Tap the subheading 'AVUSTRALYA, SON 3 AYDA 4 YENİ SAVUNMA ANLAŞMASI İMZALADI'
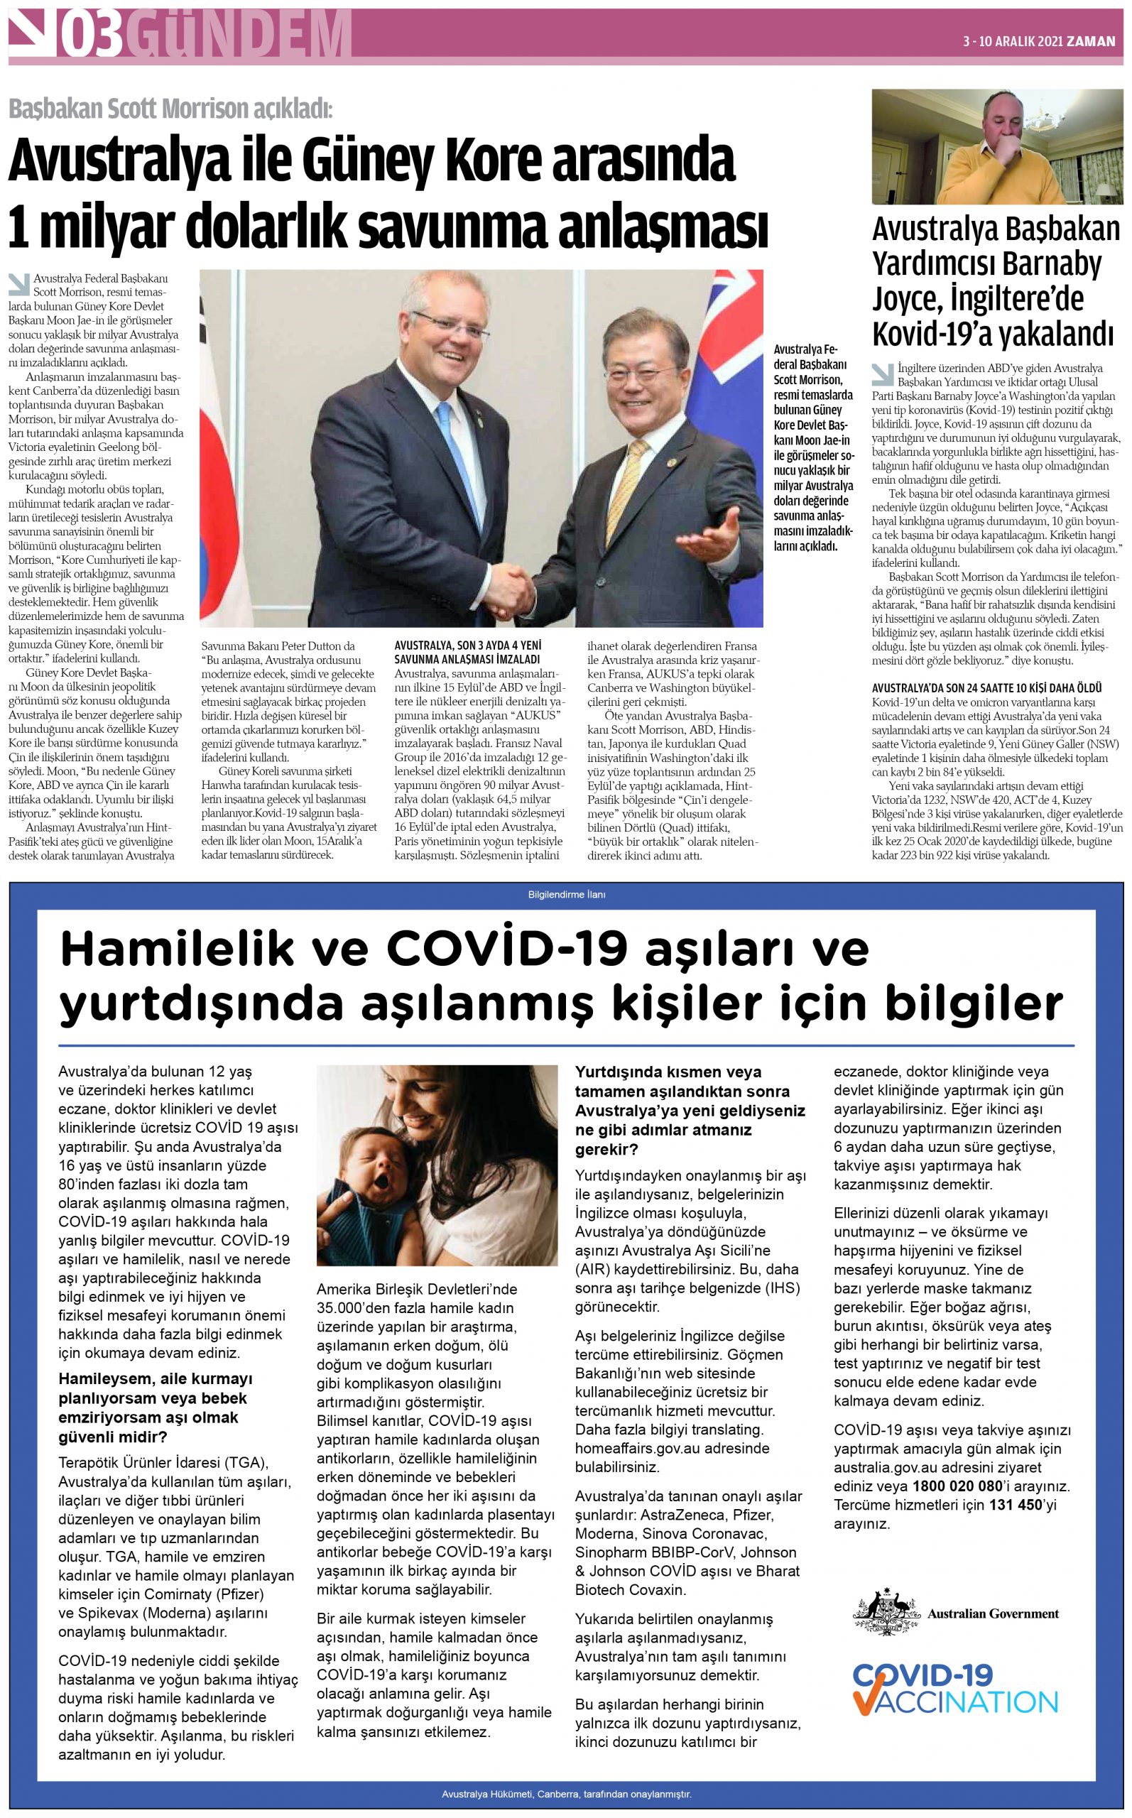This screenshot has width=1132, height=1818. (x=467, y=652)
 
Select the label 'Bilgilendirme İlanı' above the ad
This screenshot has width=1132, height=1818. (x=567, y=894)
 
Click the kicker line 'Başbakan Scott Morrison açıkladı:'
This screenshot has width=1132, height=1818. (x=170, y=109)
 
